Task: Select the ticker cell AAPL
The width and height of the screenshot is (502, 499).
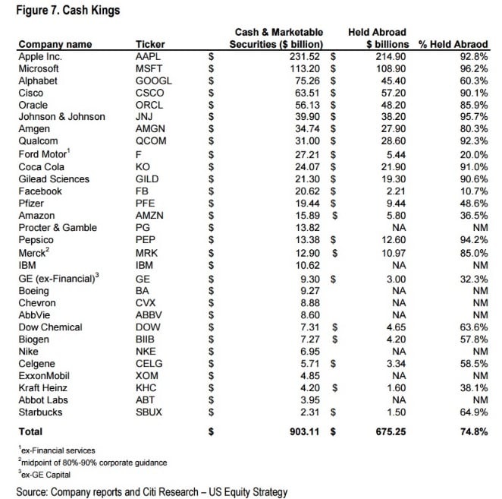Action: tap(149, 56)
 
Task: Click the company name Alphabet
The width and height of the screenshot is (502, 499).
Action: tap(38, 81)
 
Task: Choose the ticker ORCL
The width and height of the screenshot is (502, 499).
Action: tap(149, 105)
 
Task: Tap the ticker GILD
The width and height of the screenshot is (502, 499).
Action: tap(146, 178)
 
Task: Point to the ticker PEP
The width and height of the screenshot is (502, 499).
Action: tap(145, 240)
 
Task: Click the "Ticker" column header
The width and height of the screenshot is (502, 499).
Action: tap(149, 44)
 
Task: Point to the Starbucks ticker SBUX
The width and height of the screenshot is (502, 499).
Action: tap(149, 412)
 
